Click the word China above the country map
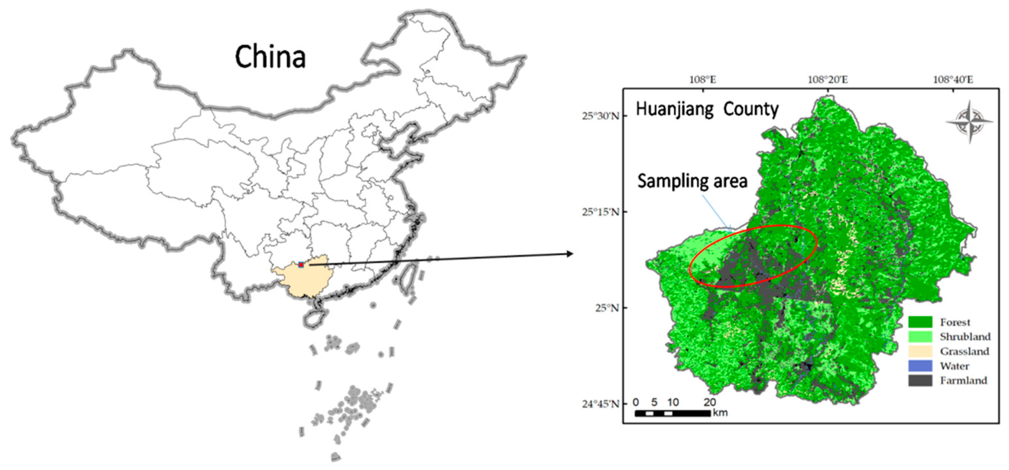click(270, 57)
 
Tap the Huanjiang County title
click(707, 109)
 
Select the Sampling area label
click(692, 181)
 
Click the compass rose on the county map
click(970, 121)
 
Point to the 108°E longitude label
click(703, 80)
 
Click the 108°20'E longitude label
click(828, 80)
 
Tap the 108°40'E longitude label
click(953, 80)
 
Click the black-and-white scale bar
click(672, 413)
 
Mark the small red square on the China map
click(301, 265)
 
